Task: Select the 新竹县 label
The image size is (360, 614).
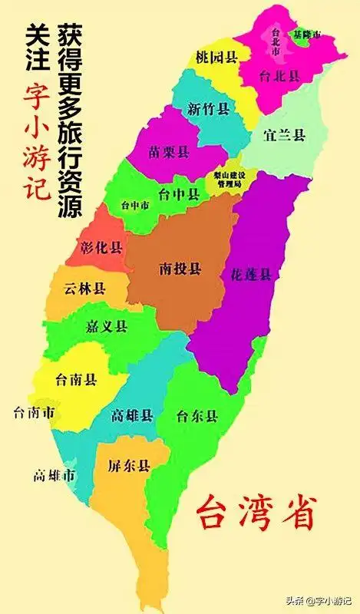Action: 209,108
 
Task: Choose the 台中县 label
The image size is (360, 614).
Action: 177,195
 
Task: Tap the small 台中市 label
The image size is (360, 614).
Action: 136,206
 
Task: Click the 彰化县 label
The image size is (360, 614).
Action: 101,247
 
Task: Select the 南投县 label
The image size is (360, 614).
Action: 180,269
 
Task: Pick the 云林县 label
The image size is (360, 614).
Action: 86,289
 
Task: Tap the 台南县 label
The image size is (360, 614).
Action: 75,378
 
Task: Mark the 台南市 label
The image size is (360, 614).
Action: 34,414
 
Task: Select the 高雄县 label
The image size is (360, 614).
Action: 132,415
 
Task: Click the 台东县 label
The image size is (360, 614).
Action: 197,417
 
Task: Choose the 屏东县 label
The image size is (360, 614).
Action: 128,466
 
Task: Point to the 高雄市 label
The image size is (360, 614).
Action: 54,476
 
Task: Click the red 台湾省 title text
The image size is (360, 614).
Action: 256,512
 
